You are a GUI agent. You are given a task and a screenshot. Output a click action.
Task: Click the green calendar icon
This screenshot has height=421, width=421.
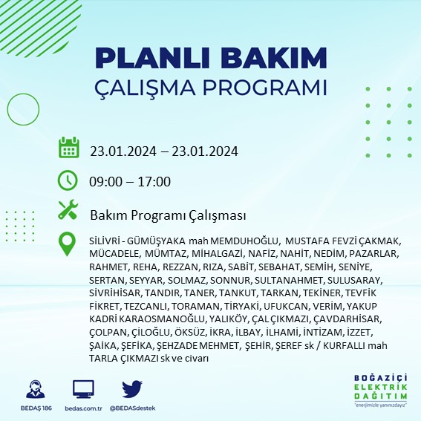click(x=68, y=148)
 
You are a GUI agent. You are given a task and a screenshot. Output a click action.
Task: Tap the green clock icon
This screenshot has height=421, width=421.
click(x=68, y=180)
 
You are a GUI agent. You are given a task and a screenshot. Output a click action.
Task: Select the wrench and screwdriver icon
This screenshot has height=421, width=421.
click(x=68, y=211)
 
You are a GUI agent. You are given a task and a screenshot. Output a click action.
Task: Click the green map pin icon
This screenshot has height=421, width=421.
click(x=68, y=244)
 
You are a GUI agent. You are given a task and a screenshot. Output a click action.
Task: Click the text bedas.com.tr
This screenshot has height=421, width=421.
click(x=83, y=408)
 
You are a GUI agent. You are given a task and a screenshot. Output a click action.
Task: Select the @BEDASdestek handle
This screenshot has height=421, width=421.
click(x=131, y=408)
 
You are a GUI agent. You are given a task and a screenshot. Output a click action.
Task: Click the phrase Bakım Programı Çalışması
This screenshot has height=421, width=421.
click(x=168, y=215)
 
